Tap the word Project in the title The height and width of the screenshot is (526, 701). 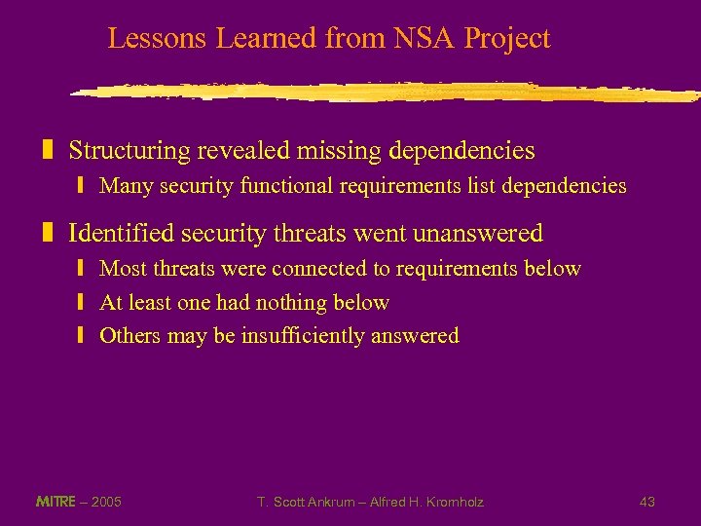tap(507, 39)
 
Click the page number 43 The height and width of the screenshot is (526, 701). tap(646, 502)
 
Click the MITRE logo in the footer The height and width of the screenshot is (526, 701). tap(55, 502)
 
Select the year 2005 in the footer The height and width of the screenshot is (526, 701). tap(106, 502)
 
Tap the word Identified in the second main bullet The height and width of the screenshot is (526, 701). tap(118, 234)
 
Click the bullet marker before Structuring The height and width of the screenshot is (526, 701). tap(47, 151)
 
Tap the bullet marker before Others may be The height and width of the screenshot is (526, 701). tap(83, 336)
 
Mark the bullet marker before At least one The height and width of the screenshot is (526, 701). tap(83, 303)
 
